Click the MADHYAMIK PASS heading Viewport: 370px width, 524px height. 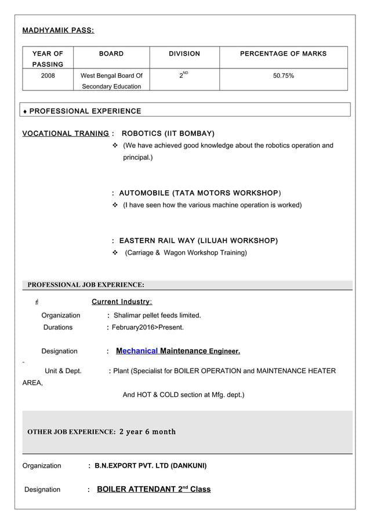click(x=58, y=30)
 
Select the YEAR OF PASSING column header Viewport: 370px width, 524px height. click(x=48, y=59)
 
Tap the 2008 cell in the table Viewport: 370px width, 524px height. click(x=48, y=75)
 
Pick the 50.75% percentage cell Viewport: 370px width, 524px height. click(x=283, y=75)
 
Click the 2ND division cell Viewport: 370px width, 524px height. click(x=184, y=75)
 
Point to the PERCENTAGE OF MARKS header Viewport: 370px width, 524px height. click(x=283, y=53)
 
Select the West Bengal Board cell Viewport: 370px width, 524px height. click(x=111, y=81)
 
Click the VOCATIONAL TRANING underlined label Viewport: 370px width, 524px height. click(x=66, y=133)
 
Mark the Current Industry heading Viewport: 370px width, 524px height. click(x=122, y=302)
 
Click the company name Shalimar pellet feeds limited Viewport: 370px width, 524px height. click(x=157, y=315)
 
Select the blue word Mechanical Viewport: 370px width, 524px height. click(x=137, y=351)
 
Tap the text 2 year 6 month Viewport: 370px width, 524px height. click(x=147, y=432)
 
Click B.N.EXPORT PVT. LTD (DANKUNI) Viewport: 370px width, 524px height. click(x=150, y=465)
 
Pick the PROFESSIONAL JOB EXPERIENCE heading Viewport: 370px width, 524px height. click(x=86, y=285)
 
